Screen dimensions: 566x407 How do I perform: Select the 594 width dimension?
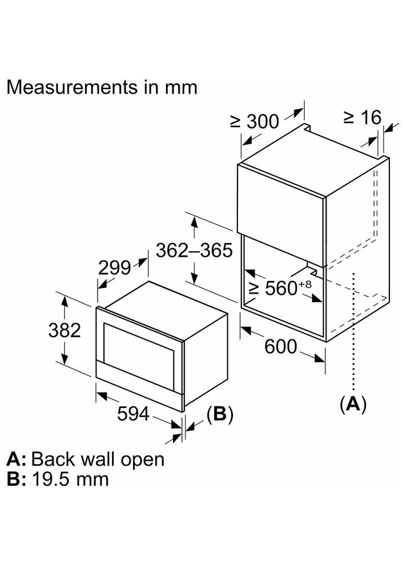click(133, 414)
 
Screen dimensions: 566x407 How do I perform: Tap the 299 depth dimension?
click(114, 268)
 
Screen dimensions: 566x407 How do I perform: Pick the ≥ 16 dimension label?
click(362, 117)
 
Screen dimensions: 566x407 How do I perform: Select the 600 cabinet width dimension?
click(281, 346)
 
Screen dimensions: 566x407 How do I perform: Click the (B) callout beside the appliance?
click(220, 415)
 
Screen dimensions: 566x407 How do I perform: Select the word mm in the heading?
click(180, 87)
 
